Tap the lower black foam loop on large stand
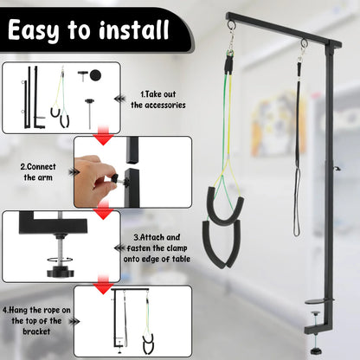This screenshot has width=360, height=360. (224, 247)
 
